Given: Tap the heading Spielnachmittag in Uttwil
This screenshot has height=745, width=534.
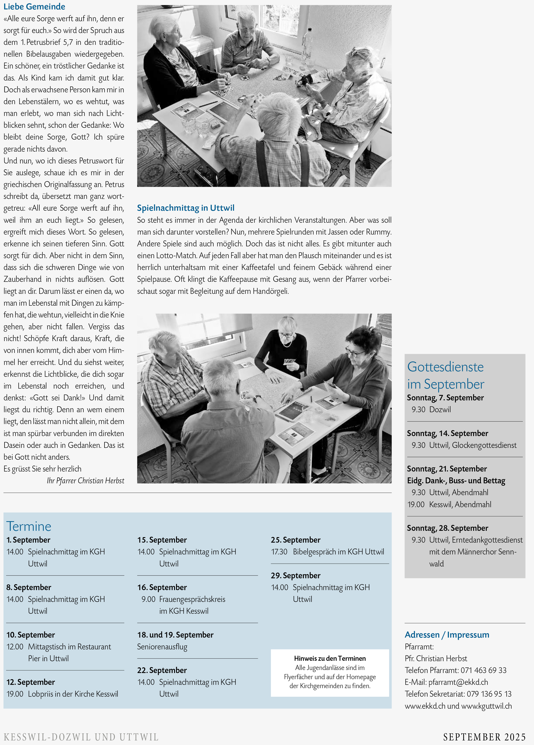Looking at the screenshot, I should click(186, 208).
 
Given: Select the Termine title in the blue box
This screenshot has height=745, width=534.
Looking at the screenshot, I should click(29, 526).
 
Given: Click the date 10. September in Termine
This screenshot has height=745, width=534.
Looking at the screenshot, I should click(31, 635).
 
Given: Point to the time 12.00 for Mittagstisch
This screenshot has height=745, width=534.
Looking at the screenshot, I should click(15, 647).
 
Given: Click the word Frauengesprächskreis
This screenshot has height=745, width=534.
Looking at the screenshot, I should click(192, 599).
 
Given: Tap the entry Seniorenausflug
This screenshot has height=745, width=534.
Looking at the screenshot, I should click(162, 647).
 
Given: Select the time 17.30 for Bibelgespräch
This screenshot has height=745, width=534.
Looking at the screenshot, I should click(279, 552).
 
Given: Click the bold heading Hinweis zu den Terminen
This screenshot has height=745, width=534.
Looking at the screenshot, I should click(330, 658).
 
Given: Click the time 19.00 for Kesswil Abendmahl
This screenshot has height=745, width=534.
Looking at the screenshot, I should click(416, 504).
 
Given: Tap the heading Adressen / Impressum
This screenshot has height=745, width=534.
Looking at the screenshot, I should click(447, 635).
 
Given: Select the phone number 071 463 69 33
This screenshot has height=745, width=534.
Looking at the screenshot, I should click(483, 670).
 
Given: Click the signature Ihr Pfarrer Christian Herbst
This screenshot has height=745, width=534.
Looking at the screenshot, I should click(85, 480).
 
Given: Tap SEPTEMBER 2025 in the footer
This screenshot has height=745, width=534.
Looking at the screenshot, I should click(484, 736).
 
